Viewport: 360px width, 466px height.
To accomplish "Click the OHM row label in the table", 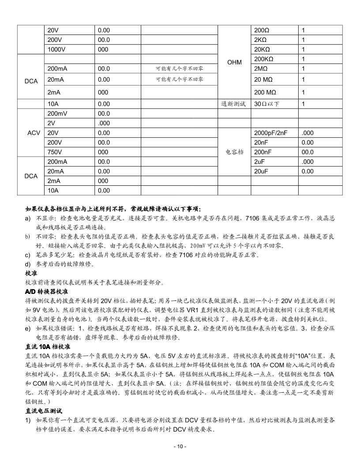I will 234,62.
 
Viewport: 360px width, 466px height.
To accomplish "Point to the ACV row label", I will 34,133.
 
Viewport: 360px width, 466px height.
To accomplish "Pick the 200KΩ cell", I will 264,59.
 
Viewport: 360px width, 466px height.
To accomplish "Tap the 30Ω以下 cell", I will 267,104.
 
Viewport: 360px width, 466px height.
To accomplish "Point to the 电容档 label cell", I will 234,152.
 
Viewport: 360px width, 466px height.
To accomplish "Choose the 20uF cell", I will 260,171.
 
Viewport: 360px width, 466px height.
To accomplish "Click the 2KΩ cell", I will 262,40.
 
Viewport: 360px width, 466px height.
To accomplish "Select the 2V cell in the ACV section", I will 51,123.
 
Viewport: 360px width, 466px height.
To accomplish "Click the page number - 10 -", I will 180,446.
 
